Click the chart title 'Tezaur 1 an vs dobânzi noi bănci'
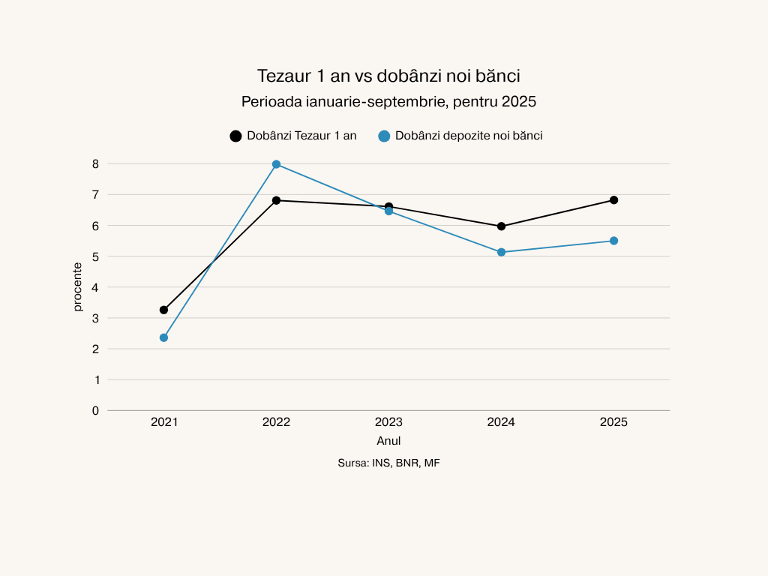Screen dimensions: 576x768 click(x=388, y=76)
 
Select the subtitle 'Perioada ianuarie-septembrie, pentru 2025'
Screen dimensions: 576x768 click(x=388, y=101)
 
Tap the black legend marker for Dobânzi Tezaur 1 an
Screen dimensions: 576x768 click(x=235, y=136)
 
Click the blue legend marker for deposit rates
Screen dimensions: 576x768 click(x=384, y=136)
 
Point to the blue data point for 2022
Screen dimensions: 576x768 click(x=276, y=164)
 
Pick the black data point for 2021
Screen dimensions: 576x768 click(x=163, y=310)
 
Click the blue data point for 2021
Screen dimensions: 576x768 click(x=163, y=337)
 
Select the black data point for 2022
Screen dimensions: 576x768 click(x=276, y=200)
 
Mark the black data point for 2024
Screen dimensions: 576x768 click(x=501, y=226)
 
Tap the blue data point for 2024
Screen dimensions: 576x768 click(x=501, y=252)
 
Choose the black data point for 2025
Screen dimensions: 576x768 click(x=613, y=200)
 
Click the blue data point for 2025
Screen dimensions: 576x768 click(x=613, y=241)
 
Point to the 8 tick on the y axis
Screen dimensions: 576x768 click(x=95, y=163)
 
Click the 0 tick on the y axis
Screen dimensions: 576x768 click(x=95, y=410)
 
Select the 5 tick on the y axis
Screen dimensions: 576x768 click(x=95, y=256)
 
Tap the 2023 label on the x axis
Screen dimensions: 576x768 click(x=388, y=422)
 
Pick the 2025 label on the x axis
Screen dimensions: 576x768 click(x=613, y=422)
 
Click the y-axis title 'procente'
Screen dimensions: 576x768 click(x=78, y=287)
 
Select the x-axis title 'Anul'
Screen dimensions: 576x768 click(x=388, y=441)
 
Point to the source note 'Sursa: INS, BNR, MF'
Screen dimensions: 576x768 click(x=388, y=463)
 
